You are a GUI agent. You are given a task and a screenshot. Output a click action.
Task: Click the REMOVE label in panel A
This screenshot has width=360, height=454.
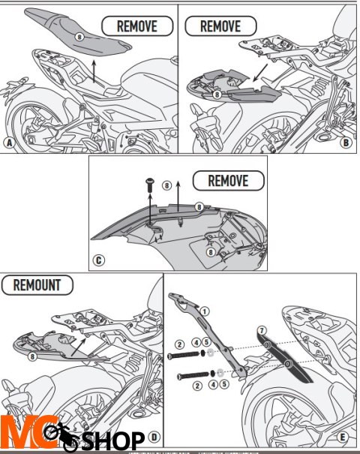coord(136,26)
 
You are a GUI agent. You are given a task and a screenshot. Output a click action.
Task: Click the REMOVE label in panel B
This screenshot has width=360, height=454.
coord(220,26)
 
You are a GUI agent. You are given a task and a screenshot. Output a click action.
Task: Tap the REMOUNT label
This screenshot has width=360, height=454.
coord(37,285)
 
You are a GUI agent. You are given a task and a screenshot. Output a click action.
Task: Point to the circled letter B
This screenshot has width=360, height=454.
coord(346,141)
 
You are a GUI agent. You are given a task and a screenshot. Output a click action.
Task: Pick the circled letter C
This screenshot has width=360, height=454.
coord(99,261)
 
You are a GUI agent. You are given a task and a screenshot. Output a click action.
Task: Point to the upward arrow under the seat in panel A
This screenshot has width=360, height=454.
coord(92,71)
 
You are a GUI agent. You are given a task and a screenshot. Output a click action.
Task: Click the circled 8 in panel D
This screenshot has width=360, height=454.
coord(32,357)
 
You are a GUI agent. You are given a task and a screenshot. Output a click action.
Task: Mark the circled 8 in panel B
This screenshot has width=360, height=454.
coord(217,95)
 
